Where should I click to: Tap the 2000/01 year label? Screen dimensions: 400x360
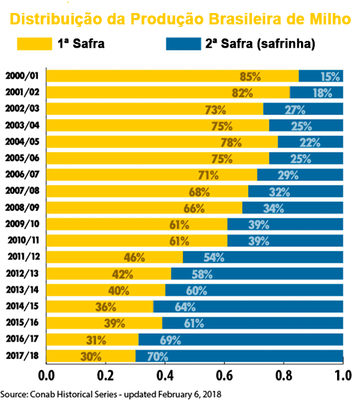(x=22, y=76)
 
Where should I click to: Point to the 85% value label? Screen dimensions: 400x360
(x=250, y=76)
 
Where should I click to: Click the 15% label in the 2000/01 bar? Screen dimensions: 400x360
(x=330, y=76)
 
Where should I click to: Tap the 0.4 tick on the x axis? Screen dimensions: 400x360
(x=164, y=376)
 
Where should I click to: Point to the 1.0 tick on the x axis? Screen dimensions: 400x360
(x=343, y=376)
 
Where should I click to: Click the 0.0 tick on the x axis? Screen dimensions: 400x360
(x=47, y=376)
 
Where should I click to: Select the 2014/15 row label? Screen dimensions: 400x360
(x=22, y=306)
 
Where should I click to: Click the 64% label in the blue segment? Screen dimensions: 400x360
(x=184, y=306)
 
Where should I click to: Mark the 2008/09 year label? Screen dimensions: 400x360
(x=22, y=208)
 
